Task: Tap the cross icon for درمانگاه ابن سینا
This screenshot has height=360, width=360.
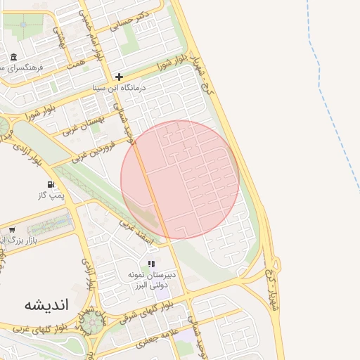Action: (120, 77)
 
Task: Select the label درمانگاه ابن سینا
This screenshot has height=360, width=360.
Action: (119, 89)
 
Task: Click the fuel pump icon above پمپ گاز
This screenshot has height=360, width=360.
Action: (51, 184)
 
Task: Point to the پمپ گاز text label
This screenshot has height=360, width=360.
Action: (51, 196)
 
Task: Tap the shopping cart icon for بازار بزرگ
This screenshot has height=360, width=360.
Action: (11, 229)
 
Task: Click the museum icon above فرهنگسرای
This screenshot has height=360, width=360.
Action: (14, 57)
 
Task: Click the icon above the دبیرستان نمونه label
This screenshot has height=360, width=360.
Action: (151, 264)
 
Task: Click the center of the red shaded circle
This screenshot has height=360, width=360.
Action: (180, 179)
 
